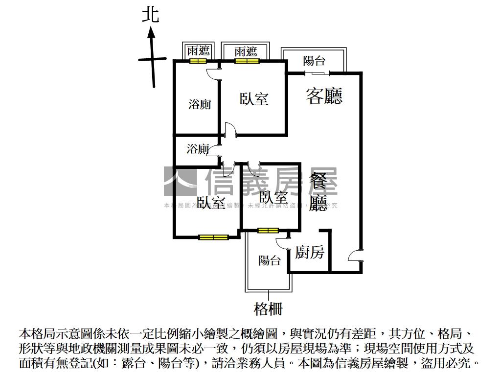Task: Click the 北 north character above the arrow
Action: point(151,15)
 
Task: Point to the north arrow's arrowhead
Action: point(152,32)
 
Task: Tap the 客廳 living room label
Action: point(324,95)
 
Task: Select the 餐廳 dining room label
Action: point(319,193)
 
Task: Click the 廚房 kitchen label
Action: point(309,253)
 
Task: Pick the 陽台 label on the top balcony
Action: point(314,61)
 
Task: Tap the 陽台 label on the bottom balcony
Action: point(270,260)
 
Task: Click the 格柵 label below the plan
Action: point(268,309)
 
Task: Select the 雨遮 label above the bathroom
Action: point(199,51)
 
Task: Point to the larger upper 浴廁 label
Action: point(200,104)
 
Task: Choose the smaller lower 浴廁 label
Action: point(198,149)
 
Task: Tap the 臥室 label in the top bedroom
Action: point(254,98)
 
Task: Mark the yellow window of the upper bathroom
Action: point(198,61)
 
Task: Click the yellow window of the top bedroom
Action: point(246,61)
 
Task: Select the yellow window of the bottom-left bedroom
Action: point(213,237)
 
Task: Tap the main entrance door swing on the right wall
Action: point(354,256)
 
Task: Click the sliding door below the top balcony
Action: point(318,73)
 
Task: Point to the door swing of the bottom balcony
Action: point(282,243)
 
